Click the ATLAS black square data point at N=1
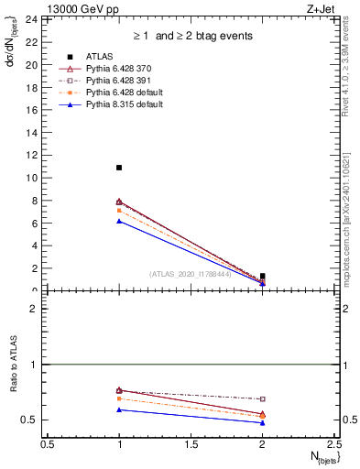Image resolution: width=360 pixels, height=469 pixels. point(119,168)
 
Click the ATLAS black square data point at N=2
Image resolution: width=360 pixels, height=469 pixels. point(263,276)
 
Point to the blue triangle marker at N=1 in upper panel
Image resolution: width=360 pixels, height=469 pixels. point(119,221)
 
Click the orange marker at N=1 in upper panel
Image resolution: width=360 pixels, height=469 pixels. point(119,210)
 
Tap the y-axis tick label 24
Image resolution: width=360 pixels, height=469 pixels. point(30,19)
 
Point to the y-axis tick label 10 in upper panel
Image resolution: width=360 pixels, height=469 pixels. point(30,178)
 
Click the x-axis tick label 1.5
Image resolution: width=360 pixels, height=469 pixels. point(191,444)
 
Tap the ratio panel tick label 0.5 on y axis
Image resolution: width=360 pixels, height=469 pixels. point(29,420)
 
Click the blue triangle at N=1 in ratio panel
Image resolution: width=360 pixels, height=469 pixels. point(119,409)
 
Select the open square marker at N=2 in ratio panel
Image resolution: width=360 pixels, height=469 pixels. point(263,399)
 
